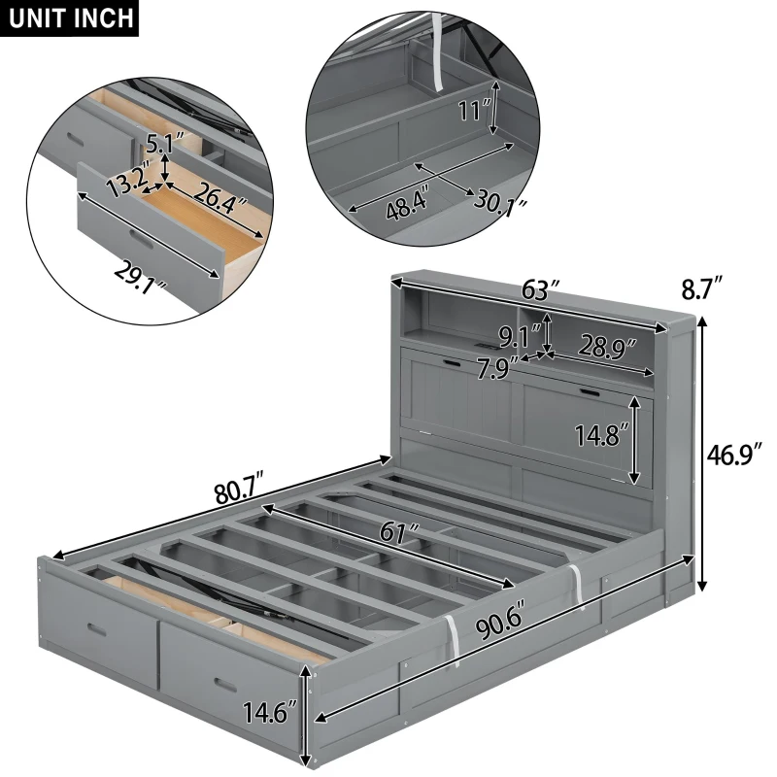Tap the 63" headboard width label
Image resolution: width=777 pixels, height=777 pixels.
(x=539, y=290)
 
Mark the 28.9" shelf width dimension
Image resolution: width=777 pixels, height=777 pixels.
(x=607, y=345)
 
